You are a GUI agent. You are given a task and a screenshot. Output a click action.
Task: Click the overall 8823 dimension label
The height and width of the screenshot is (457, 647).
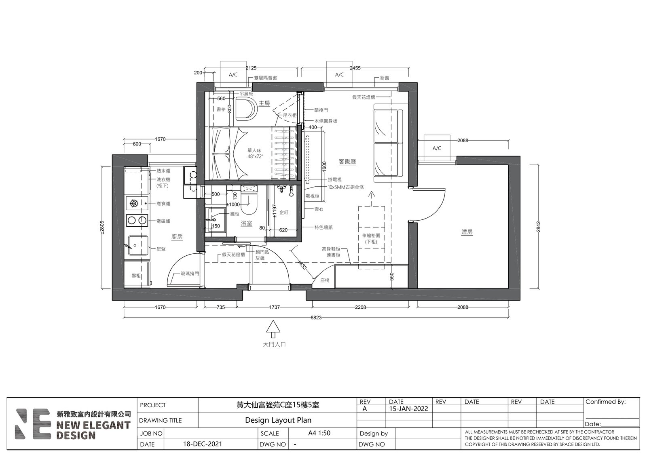316,318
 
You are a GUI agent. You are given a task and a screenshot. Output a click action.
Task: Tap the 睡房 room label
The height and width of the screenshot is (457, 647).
467,232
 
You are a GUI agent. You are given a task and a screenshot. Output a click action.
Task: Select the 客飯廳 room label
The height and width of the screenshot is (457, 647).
347,161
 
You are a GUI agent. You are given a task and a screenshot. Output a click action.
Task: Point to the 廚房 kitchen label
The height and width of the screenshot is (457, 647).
177,237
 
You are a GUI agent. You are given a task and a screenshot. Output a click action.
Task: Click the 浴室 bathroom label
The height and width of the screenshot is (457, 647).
246,223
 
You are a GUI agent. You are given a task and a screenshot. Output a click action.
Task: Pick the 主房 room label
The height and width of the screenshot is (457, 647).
264,103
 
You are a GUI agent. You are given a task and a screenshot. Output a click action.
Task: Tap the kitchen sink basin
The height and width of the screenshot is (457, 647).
138,245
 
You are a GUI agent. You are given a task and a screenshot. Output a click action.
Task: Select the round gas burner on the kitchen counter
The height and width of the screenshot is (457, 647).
134,204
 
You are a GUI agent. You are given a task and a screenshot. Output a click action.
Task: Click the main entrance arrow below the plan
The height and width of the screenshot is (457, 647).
273,329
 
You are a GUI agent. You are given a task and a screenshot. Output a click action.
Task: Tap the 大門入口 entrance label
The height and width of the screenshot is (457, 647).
274,344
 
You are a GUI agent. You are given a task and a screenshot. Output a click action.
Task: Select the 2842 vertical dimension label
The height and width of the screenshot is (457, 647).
538,227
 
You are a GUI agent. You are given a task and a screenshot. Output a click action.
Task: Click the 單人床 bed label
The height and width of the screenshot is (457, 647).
254,150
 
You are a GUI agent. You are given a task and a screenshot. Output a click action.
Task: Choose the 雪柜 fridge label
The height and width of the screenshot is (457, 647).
136,276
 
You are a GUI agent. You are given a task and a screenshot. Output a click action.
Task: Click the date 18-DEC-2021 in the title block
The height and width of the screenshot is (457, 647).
203,444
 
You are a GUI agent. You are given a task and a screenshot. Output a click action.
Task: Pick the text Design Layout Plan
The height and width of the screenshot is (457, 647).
278,420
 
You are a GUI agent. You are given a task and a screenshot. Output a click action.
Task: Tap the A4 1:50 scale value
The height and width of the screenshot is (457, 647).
319,433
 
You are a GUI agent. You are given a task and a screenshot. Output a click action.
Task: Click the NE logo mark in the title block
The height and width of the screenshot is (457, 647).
34,424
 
